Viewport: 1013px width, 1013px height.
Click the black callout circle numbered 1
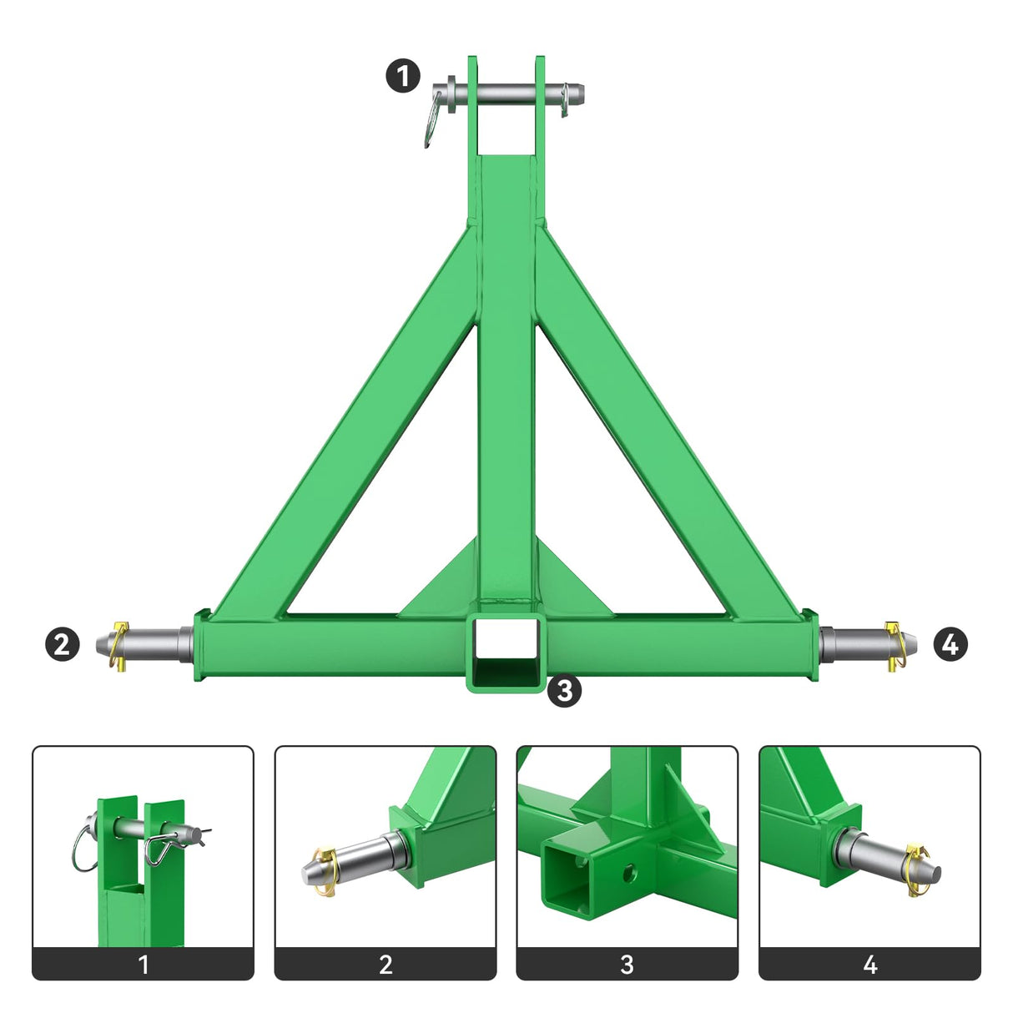coord(403,77)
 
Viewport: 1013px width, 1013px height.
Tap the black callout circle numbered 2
coord(62,644)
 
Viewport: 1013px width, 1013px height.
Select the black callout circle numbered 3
coord(565,690)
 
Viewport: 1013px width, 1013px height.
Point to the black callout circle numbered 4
coord(950,644)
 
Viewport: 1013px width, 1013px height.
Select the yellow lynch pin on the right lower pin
coord(895,645)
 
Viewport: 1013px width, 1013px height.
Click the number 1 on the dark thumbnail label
coord(144,965)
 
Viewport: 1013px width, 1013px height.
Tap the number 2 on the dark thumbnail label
coord(386,965)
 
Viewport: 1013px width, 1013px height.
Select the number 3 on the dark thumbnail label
coord(627,965)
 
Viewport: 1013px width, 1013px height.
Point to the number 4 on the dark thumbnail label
coord(870,965)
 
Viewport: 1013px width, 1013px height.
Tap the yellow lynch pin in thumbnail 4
coord(917,869)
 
